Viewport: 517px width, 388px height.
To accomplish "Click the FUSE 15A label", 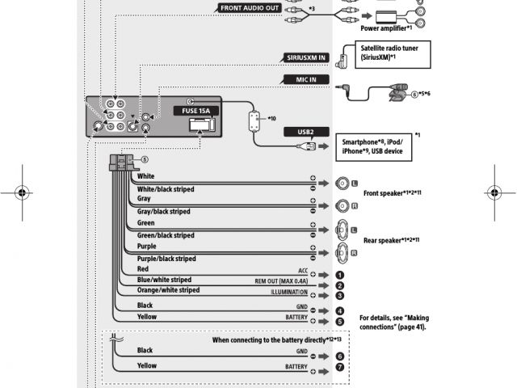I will [x=192, y=109].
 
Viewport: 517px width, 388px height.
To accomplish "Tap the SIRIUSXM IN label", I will [x=308, y=57].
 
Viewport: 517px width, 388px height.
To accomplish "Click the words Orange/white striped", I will [x=168, y=289].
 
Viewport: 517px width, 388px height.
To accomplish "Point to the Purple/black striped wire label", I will [x=166, y=259].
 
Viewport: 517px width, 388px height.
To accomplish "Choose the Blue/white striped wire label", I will [x=164, y=279].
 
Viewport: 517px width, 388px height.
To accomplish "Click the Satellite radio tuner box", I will [x=387, y=54].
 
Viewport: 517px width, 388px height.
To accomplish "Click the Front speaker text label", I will [x=392, y=194].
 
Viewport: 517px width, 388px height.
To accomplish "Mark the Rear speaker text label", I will [x=391, y=240].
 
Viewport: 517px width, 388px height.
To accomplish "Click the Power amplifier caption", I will [x=386, y=27].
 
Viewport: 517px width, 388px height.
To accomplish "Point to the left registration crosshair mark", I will [x=22, y=194].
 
